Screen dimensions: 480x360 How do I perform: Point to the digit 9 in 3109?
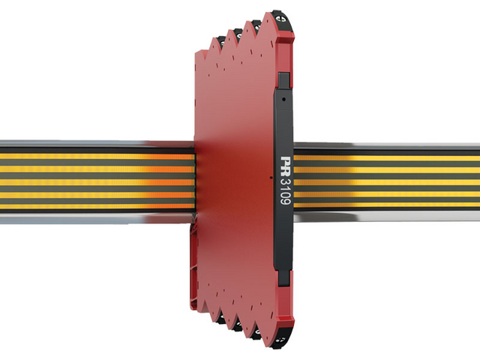tap(285, 201)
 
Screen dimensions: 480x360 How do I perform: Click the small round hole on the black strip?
tap(283, 99)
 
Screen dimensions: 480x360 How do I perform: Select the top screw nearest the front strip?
tap(282, 18)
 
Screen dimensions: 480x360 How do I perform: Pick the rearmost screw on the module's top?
tap(220, 41)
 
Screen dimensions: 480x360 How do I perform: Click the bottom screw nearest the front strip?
tap(281, 340)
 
